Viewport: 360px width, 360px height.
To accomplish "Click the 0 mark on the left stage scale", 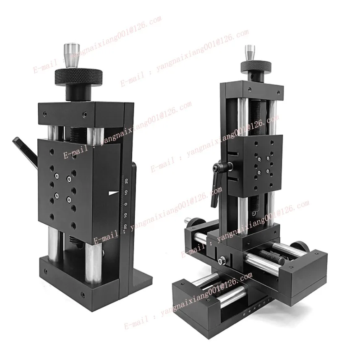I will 126,204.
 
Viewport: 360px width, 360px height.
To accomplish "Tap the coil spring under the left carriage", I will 73,241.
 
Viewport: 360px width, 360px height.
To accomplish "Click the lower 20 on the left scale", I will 125,227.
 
